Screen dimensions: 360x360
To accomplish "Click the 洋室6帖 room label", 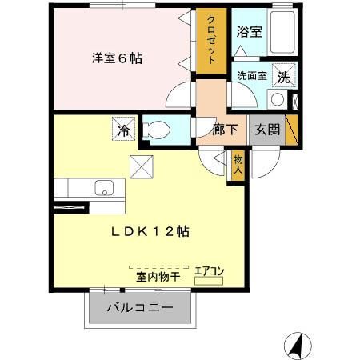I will (x=117, y=58).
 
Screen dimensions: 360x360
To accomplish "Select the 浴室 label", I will (x=250, y=33).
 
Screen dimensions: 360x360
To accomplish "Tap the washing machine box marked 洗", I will (x=282, y=77).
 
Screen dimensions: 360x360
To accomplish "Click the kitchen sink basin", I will (x=104, y=189).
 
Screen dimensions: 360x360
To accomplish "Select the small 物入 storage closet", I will (x=237, y=166).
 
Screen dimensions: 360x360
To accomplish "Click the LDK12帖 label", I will (x=150, y=231).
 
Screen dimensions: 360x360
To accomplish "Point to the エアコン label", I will (x=210, y=271).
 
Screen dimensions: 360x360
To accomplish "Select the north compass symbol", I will (x=294, y=345).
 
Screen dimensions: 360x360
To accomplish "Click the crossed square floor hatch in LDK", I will (x=144, y=168).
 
